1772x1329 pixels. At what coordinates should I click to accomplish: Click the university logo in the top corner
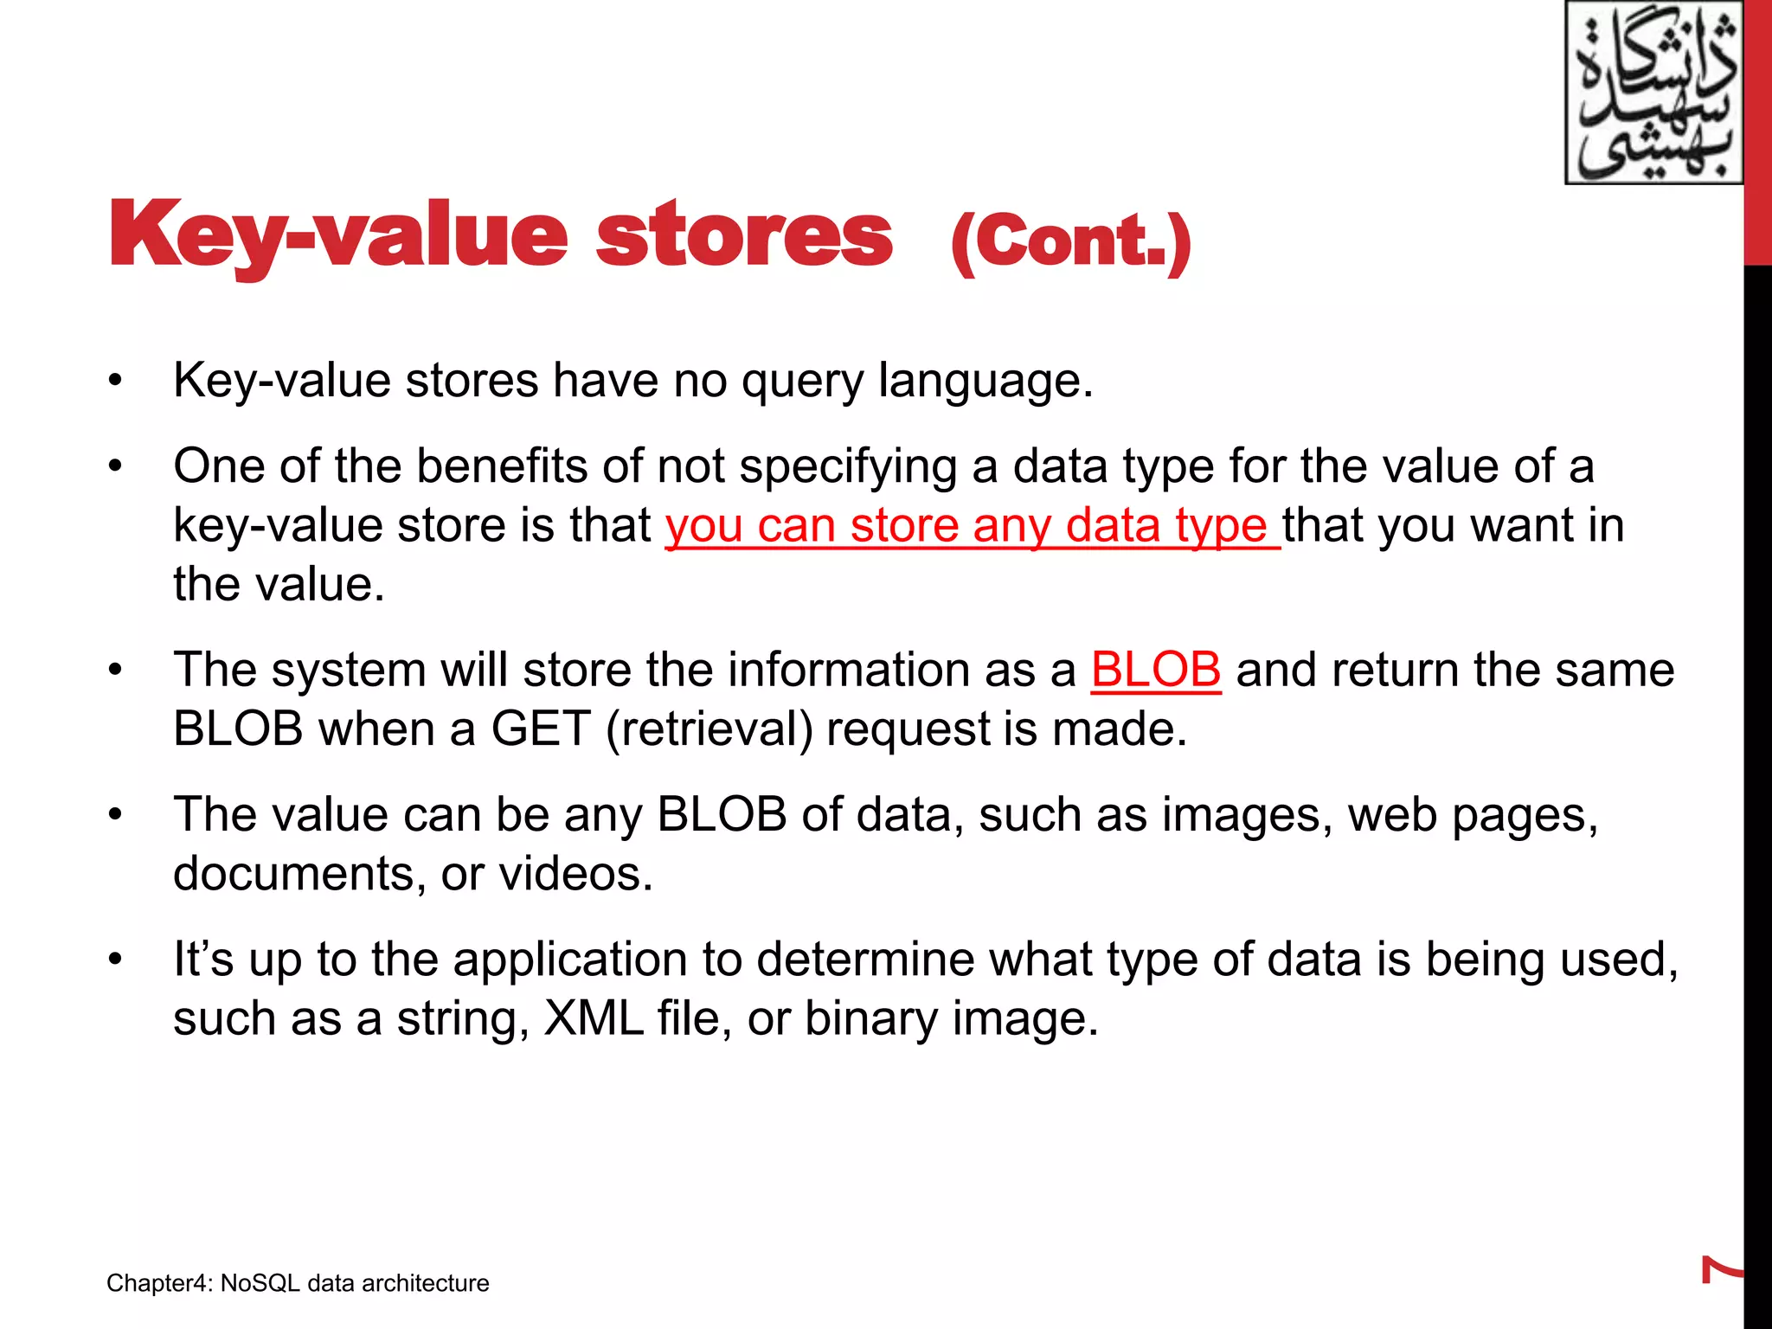point(1653,93)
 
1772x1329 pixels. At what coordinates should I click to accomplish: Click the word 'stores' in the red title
point(744,235)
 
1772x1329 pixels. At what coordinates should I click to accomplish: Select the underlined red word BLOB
point(1155,670)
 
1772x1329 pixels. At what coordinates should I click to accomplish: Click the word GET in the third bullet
point(542,729)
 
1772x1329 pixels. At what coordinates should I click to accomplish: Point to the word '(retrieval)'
point(709,729)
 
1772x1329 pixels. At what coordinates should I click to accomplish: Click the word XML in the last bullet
point(594,1018)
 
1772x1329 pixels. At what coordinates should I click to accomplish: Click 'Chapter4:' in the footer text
point(159,1283)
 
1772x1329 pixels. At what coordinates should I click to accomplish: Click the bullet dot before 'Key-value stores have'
point(115,382)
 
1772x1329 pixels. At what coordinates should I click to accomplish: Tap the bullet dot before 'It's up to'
point(115,960)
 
